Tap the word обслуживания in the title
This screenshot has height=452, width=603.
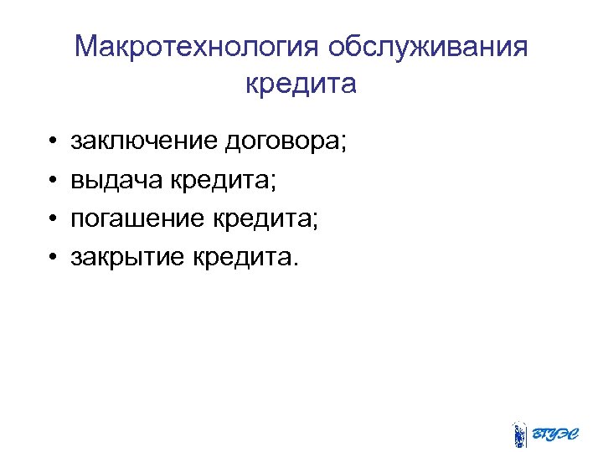point(428,47)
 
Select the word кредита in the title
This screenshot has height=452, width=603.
point(301,85)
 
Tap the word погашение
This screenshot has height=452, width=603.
point(136,219)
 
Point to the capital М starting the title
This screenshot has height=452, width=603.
point(86,47)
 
